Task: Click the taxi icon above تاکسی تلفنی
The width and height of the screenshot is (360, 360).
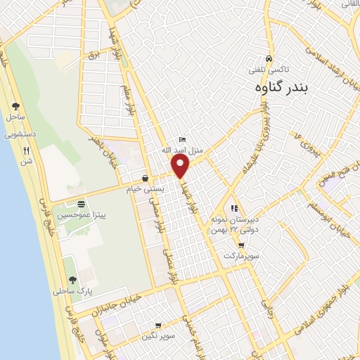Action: [269, 59]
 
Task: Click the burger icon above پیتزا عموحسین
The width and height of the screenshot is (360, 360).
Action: [81, 202]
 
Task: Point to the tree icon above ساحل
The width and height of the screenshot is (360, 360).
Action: [15, 106]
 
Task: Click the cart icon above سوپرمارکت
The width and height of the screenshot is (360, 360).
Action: [242, 245]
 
